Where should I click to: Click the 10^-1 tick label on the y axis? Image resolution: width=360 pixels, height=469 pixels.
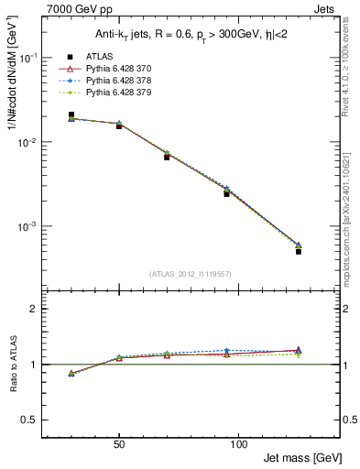pyautogui.click(x=29, y=58)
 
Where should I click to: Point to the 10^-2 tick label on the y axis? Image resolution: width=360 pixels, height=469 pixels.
pyautogui.click(x=29, y=143)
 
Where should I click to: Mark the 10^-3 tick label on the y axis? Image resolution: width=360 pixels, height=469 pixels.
pyautogui.click(x=29, y=227)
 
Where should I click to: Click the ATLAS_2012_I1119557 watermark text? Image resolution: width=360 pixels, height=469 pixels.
pyautogui.click(x=190, y=274)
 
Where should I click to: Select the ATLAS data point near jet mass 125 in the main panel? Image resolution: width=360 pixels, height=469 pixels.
pyautogui.click(x=299, y=251)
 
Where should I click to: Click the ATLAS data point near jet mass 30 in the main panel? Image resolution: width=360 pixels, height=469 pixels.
pyautogui.click(x=71, y=115)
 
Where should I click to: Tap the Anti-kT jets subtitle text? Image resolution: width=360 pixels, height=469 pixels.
pyautogui.click(x=190, y=34)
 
